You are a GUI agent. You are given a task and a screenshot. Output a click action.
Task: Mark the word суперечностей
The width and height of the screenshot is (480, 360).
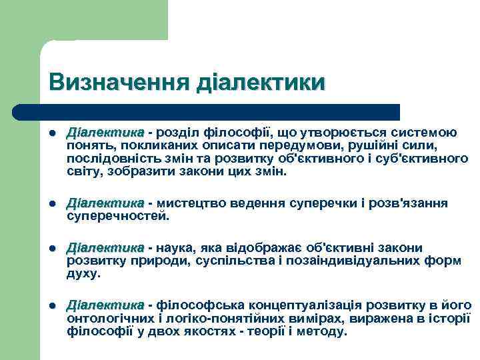pyautogui.click(x=118, y=216)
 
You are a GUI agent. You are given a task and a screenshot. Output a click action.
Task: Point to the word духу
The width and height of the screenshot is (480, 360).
pyautogui.click(x=83, y=273)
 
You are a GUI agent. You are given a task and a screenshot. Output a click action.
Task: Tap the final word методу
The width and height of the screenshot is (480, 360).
pyautogui.click(x=323, y=331)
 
